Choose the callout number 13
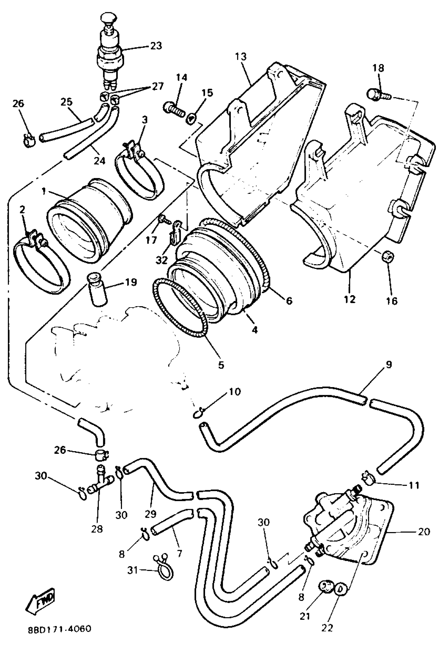point(240,57)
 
